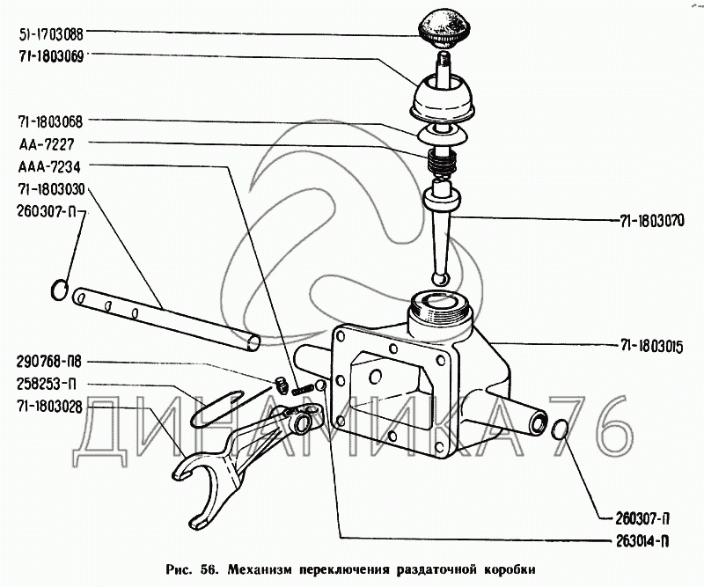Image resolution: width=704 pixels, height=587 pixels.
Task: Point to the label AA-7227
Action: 39,143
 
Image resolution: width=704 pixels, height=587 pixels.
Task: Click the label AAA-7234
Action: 43,166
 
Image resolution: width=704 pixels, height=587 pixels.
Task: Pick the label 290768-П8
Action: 46,362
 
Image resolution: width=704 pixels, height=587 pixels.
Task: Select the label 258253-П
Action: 43,385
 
